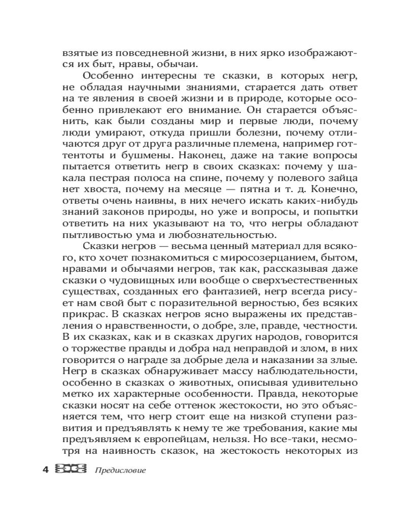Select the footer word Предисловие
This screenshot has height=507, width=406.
pyautogui.click(x=120, y=470)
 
